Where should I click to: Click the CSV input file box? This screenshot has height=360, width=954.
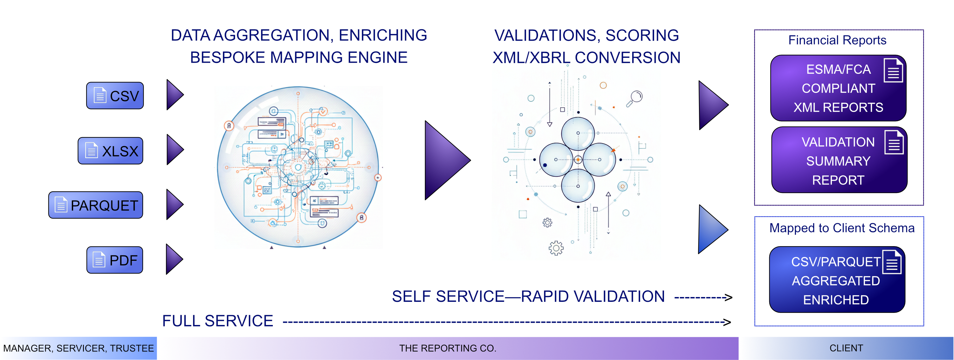click(115, 95)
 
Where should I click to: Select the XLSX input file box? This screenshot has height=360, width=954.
click(110, 151)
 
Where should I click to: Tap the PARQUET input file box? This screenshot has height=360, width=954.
click(95, 205)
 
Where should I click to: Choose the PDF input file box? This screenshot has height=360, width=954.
click(115, 260)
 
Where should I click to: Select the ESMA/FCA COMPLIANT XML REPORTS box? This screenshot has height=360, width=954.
click(838, 88)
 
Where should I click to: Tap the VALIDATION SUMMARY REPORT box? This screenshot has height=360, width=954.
click(839, 160)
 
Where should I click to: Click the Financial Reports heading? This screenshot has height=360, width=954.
click(837, 40)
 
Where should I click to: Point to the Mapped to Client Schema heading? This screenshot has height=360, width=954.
click(841, 228)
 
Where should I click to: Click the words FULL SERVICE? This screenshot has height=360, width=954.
click(218, 321)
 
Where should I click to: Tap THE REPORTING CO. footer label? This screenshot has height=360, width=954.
click(447, 348)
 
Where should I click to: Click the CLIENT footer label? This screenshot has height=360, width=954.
click(846, 348)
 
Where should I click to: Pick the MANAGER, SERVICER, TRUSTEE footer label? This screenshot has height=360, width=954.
click(78, 348)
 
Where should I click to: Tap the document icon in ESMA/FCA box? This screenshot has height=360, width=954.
click(893, 70)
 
